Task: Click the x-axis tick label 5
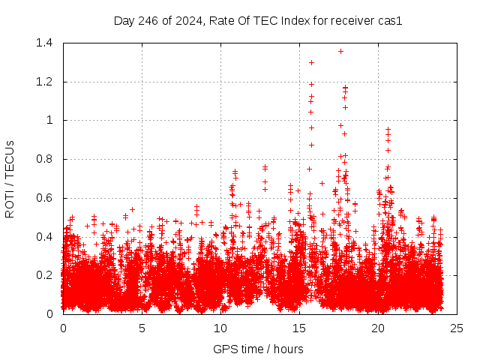click(142, 328)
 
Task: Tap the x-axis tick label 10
click(220, 328)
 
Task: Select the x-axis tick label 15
click(299, 328)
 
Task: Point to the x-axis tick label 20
click(378, 328)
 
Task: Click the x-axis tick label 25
click(457, 328)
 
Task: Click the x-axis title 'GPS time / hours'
click(258, 349)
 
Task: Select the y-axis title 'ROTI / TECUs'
click(10, 178)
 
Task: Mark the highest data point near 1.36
click(340, 51)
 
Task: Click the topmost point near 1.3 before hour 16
click(311, 62)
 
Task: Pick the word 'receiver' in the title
click(352, 21)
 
